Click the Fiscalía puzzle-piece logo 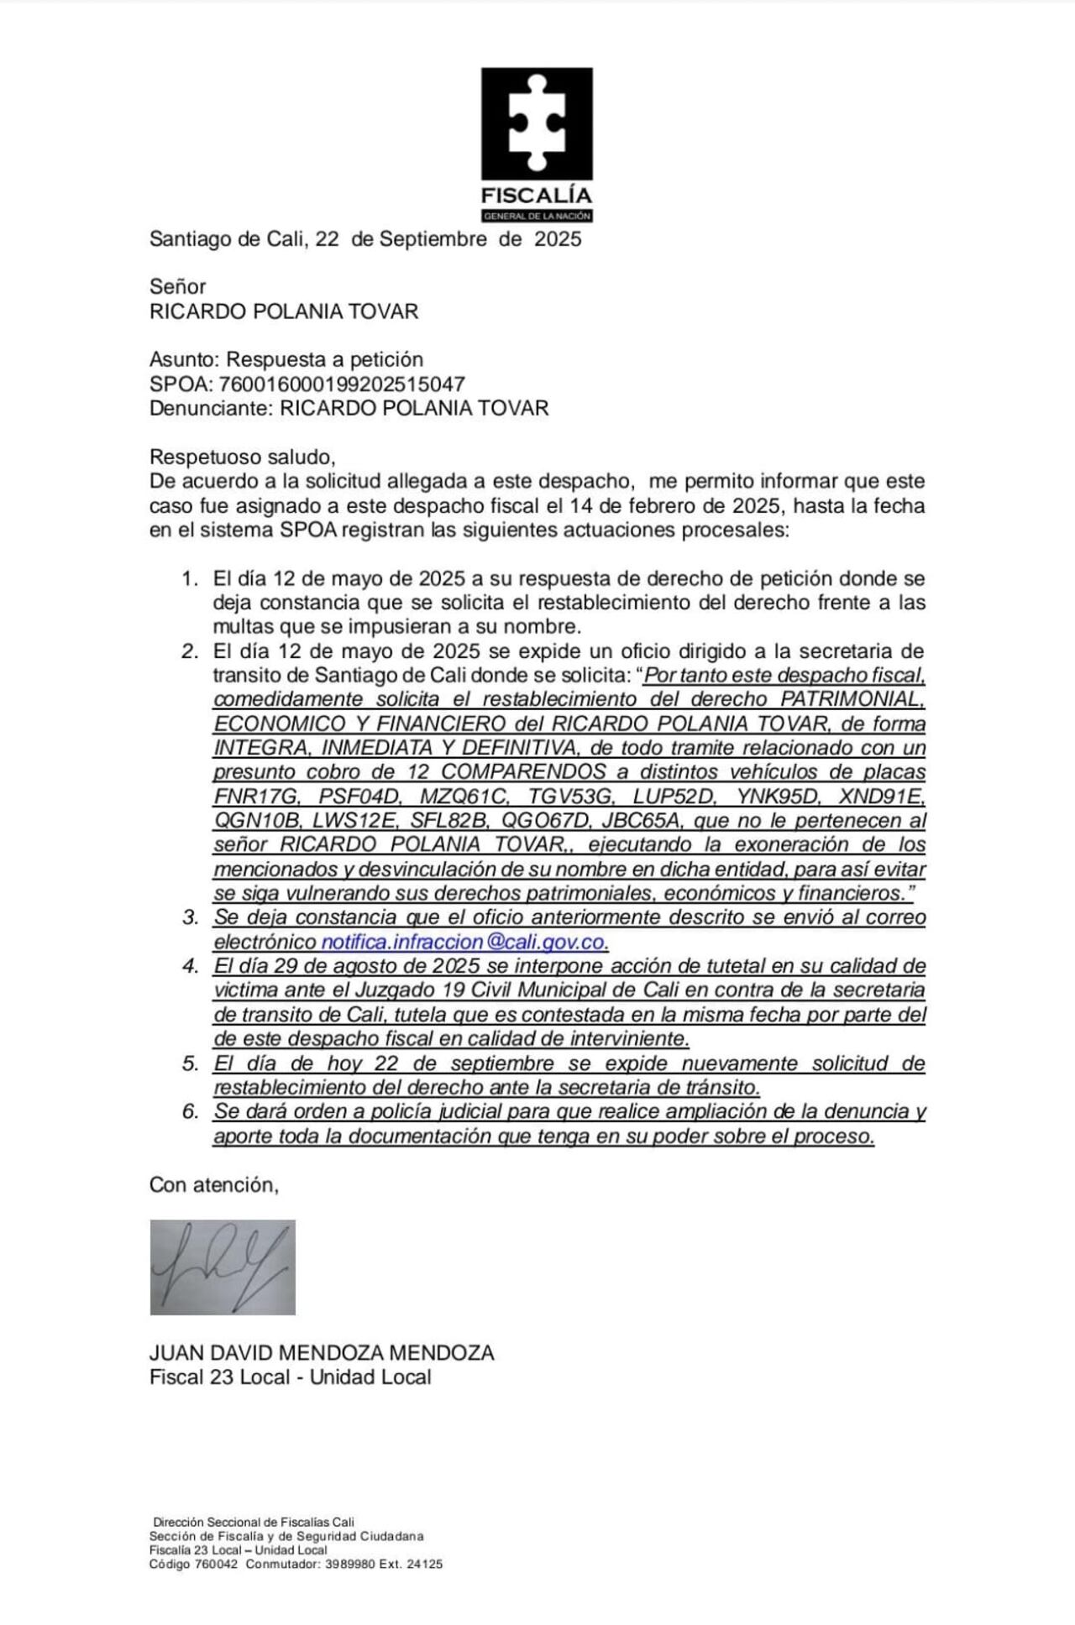click(537, 124)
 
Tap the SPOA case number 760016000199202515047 click(342, 384)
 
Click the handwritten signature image click(223, 1267)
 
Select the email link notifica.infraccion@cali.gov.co click(464, 942)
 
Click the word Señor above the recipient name click(177, 287)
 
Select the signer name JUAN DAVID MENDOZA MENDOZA click(322, 1353)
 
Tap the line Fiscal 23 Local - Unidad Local click(290, 1377)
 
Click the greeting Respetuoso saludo click(242, 457)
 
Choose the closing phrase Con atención click(213, 1185)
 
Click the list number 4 click(190, 966)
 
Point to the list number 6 click(190, 1112)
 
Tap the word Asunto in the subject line click(183, 360)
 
